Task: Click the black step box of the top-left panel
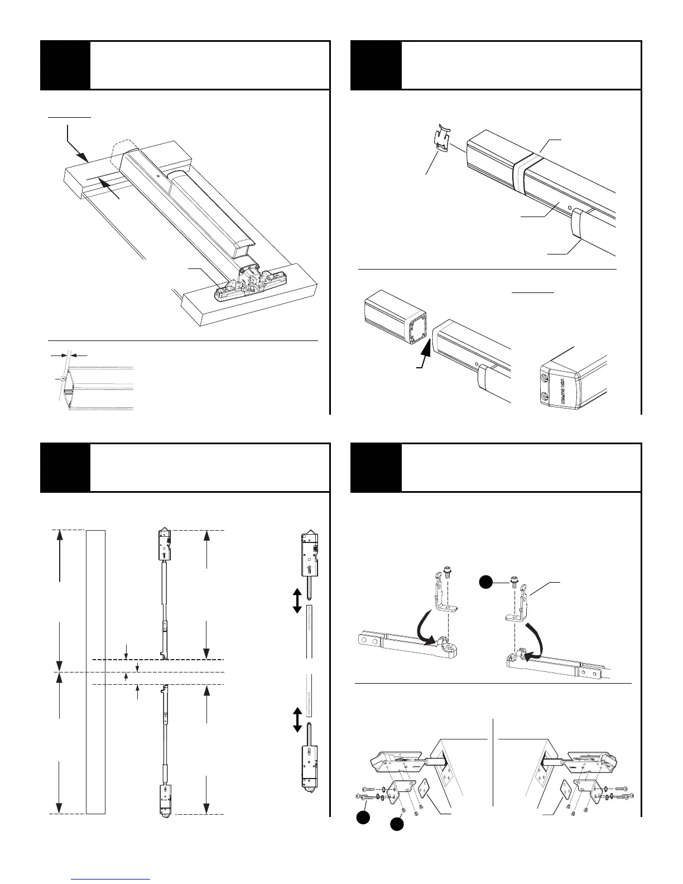[x=65, y=65]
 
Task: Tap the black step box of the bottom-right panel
[x=376, y=468]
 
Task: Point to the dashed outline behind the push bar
[x=119, y=146]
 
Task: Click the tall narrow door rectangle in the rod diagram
[x=96, y=672]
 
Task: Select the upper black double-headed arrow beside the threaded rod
[x=297, y=601]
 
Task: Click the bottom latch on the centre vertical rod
[x=165, y=802]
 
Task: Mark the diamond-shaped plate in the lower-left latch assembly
[x=426, y=787]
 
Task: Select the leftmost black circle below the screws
[x=363, y=818]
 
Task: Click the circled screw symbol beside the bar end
[x=63, y=379]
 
